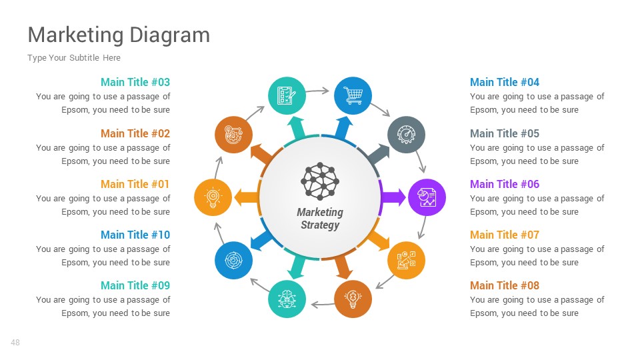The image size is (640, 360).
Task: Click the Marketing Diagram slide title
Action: coord(119,35)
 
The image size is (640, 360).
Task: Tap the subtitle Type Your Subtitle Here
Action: coord(74,58)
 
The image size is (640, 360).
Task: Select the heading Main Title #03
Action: coord(135,82)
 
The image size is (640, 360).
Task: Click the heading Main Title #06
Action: coord(505,184)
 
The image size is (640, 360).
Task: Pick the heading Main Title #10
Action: coord(135,235)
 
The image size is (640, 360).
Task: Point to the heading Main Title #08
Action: coord(505,285)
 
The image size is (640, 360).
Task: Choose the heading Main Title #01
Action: coord(135,184)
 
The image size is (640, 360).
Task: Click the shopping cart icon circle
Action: coord(353,96)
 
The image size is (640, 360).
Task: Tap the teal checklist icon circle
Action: coord(287,96)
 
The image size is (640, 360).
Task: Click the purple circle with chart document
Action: coord(426,197)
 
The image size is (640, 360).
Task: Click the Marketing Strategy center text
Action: coord(320,219)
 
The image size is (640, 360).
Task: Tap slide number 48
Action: coord(15,343)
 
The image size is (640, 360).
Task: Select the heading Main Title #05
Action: coord(505,133)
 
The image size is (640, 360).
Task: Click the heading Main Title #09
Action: coord(135,285)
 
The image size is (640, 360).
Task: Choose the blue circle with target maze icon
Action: coord(233,260)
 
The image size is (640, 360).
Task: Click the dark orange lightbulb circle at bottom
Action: coord(353,299)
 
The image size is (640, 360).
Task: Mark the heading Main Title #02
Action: coord(135,133)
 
